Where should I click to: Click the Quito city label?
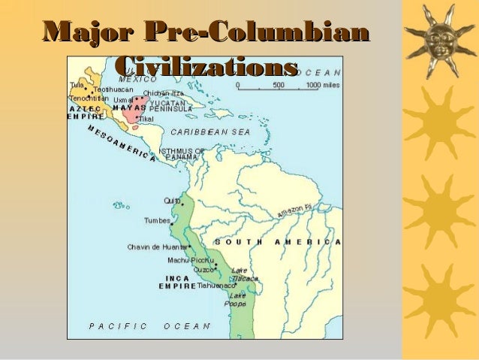point(172,201)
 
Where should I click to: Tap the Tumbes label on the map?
point(158,221)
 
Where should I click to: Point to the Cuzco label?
point(203,269)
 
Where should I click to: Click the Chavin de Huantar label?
point(156,247)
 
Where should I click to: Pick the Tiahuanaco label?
point(218,286)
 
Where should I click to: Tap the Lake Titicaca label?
point(244,274)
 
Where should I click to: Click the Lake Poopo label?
point(237,301)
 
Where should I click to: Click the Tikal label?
point(146,119)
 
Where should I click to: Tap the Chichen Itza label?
point(164,93)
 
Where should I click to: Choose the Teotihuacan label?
point(113,89)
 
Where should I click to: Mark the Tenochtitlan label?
point(89,98)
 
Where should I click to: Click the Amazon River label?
point(294,211)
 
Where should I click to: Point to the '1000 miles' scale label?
point(324,86)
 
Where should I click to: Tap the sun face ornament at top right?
point(438,35)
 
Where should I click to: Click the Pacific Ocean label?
point(149,326)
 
